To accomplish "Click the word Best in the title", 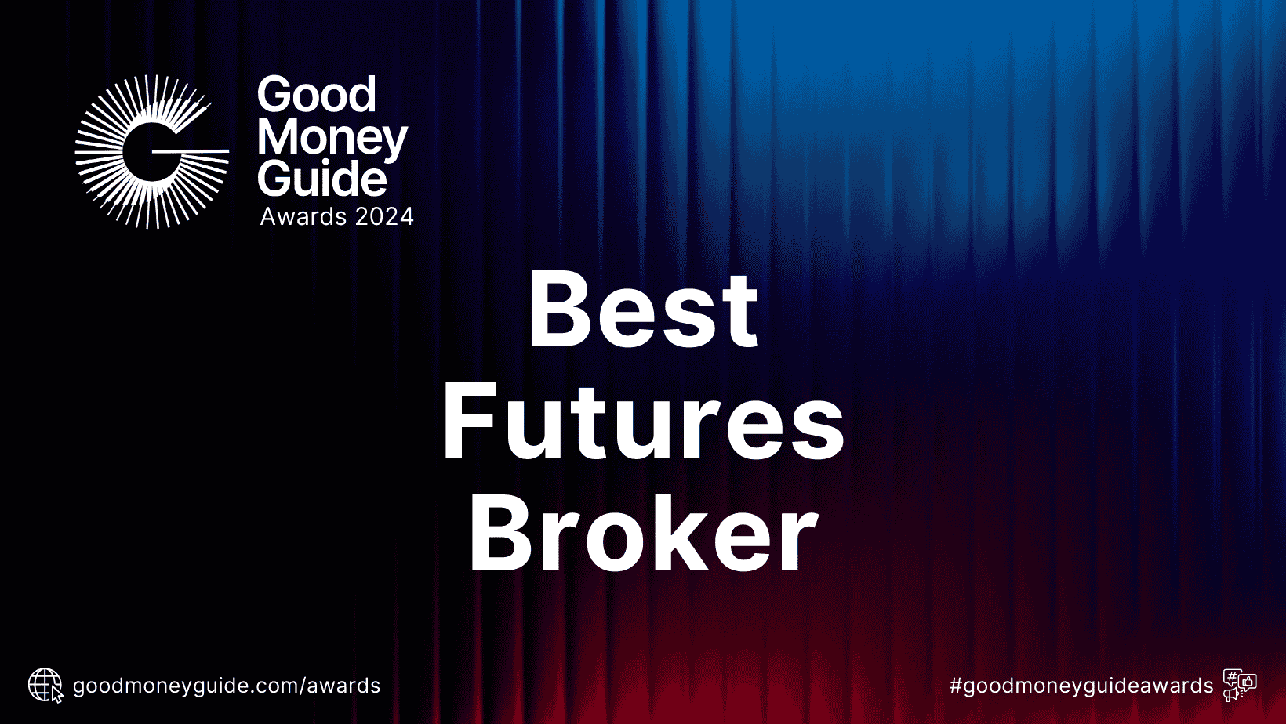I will [x=643, y=309].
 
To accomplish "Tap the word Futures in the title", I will [x=643, y=422].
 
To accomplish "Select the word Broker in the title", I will [x=643, y=534].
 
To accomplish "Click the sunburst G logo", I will [x=151, y=151].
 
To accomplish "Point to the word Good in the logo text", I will [x=317, y=95].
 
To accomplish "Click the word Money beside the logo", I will [x=332, y=138].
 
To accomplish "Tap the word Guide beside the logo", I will [x=322, y=179].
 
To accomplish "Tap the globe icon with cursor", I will [x=45, y=686].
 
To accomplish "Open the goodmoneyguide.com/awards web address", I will [x=227, y=686].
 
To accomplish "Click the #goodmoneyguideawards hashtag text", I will [x=1081, y=686].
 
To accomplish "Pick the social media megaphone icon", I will [x=1240, y=686].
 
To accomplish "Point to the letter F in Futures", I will [x=467, y=422].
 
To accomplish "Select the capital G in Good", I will [x=274, y=95].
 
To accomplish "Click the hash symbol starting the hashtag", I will [x=956, y=686].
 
